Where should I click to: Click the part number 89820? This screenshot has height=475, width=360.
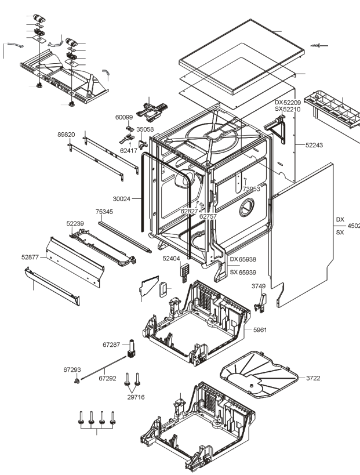point(66,135)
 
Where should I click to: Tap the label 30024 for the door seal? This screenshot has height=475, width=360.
point(121,199)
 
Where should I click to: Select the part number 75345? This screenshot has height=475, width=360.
point(104,212)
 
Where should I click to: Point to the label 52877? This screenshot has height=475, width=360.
point(30,257)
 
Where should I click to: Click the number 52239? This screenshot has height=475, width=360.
point(75,223)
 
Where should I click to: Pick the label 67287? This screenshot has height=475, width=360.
point(111,345)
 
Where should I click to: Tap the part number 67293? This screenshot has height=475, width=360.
point(72,370)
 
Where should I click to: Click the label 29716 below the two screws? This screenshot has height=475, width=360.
point(136,397)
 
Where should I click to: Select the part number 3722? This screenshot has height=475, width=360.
point(313,378)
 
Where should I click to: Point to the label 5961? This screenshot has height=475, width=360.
point(260,330)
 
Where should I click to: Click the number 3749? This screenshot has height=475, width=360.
point(259,287)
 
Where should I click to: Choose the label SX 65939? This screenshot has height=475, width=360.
point(243,273)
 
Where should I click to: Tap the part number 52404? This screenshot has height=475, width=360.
point(171,259)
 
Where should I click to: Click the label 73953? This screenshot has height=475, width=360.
point(251,189)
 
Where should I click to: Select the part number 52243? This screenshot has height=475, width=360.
point(314,145)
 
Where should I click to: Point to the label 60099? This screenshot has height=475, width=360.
point(124,118)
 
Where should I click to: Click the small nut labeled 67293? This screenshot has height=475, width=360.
point(77,380)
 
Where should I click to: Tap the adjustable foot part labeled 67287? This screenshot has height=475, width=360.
point(132,349)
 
